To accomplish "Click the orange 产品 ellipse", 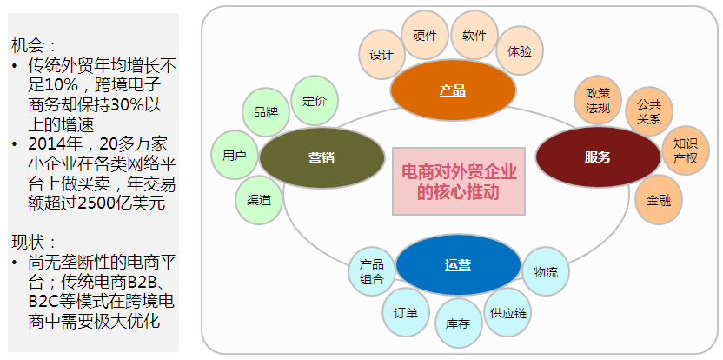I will click(x=453, y=90).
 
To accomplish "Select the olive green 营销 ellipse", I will click(x=322, y=157).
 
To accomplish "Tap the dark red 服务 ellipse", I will click(x=598, y=157).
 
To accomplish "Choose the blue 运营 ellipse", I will click(x=457, y=264).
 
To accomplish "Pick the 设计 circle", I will click(x=381, y=55).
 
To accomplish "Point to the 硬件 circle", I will click(x=425, y=36).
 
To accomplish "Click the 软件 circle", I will click(x=474, y=36).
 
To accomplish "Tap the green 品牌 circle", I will click(x=266, y=112).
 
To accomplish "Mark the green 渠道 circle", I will click(x=259, y=199).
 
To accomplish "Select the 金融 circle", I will click(x=658, y=200).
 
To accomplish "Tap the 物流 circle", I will click(x=546, y=272).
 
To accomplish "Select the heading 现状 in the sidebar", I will click(x=35, y=241).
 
